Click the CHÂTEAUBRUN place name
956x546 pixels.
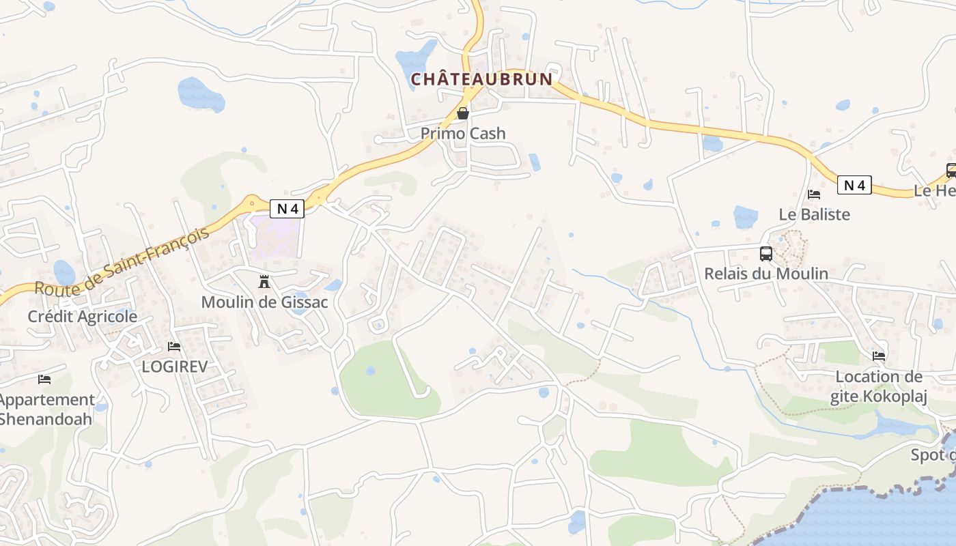coord(481,79)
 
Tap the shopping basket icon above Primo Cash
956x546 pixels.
coord(463,113)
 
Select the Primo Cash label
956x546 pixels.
coord(463,133)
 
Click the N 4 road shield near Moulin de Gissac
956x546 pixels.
coord(287,209)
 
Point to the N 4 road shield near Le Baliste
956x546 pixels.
coord(854,185)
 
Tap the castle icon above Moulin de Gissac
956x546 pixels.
coord(264,281)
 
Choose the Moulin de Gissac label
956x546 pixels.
coord(264,302)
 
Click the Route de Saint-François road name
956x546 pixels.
coord(122,263)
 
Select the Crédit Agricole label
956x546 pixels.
coord(82,317)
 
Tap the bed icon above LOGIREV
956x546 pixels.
coord(174,347)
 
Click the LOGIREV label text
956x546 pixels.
coord(174,367)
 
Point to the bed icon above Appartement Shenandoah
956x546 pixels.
coord(44,379)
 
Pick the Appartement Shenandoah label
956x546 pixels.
coord(46,409)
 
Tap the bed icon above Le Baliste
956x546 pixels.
coord(814,195)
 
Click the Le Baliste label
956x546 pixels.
coord(814,214)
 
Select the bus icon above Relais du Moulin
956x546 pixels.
coord(766,254)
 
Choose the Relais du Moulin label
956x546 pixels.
coord(766,274)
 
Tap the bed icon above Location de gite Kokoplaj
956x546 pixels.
coord(879,356)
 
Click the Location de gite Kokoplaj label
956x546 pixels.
coord(879,386)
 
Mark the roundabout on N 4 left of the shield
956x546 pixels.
coord(253,203)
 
